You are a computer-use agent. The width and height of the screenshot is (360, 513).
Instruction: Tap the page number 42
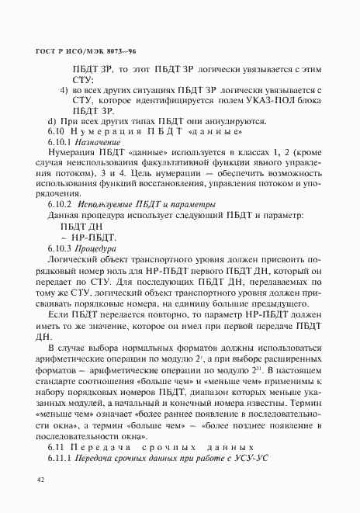42,481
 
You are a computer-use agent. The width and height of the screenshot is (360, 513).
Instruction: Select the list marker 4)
65,91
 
